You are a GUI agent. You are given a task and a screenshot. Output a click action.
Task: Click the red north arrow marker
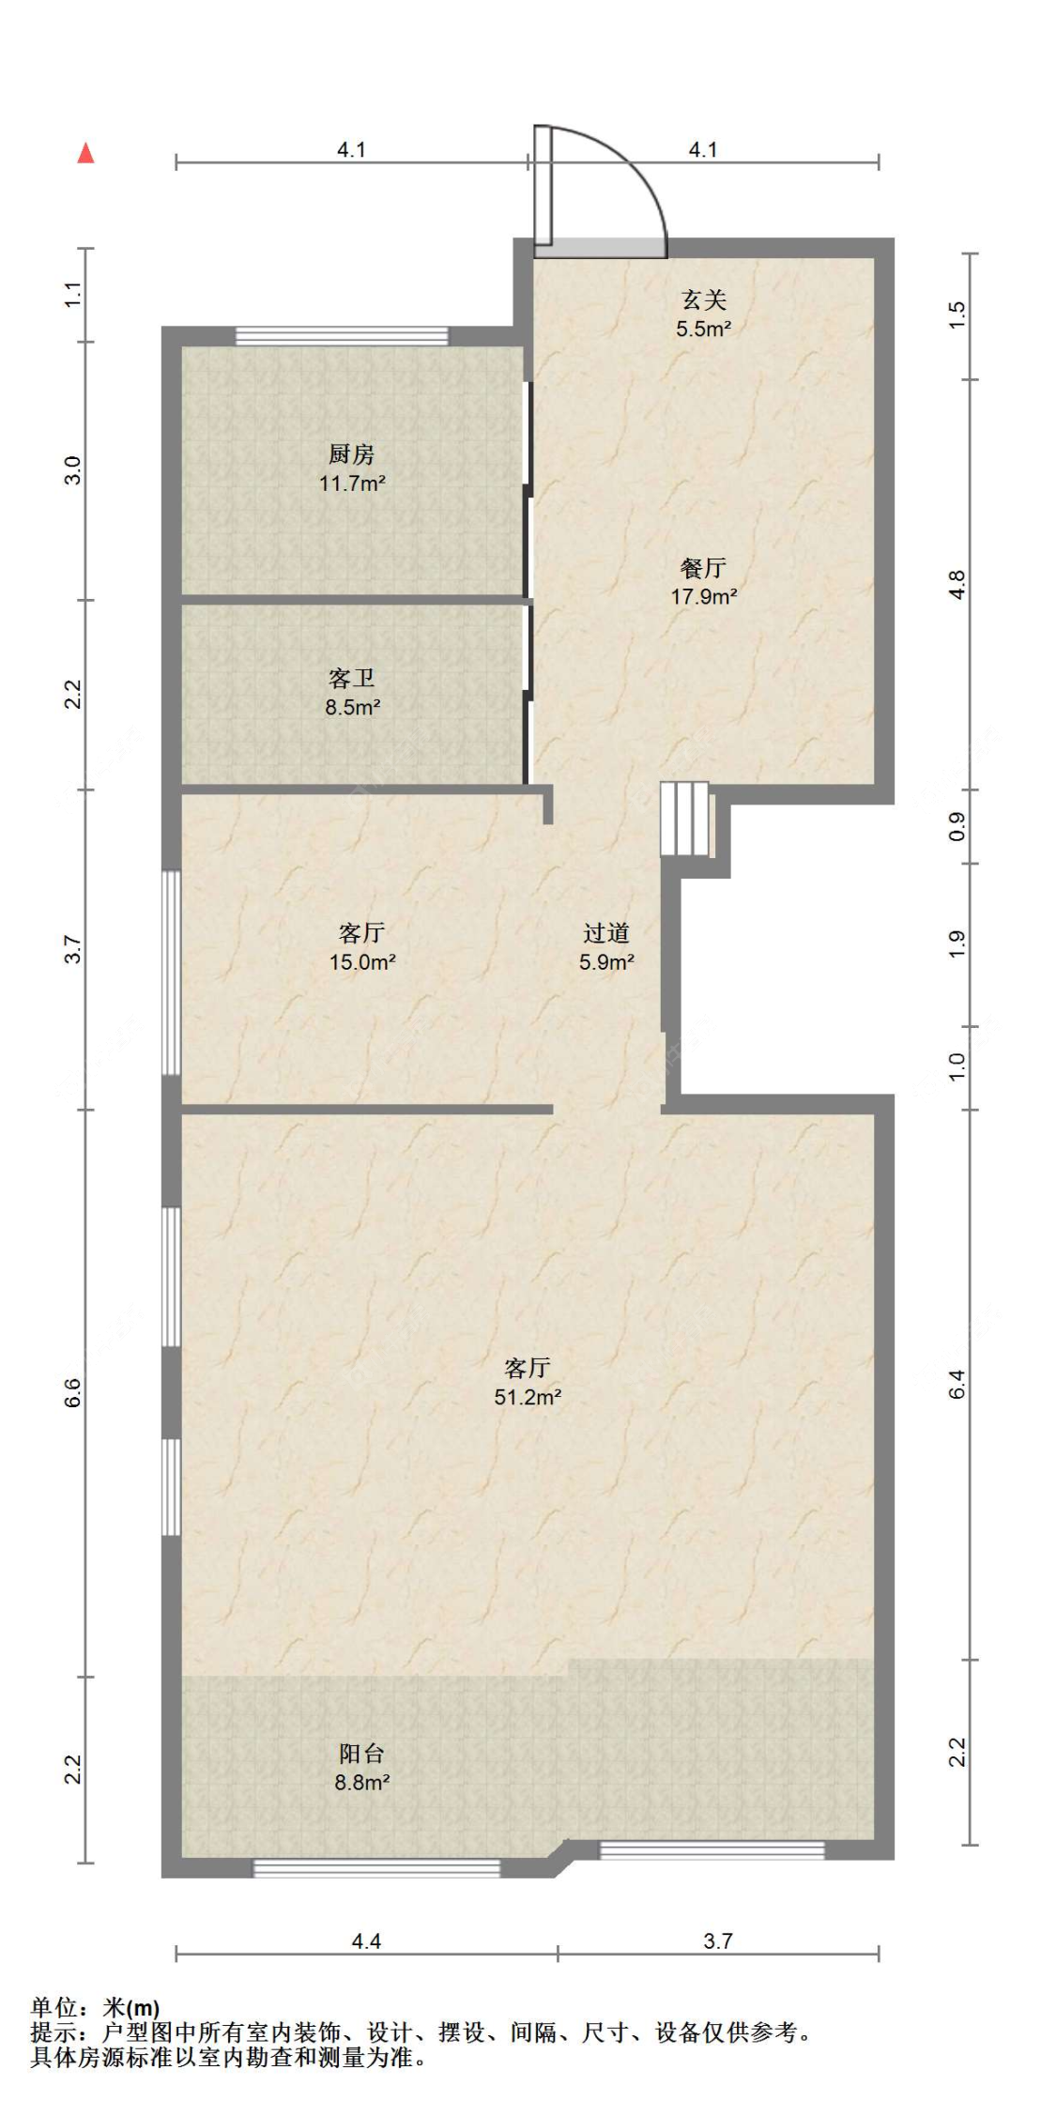pyautogui.click(x=85, y=153)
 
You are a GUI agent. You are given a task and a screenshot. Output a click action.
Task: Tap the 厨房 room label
pyautogui.click(x=352, y=455)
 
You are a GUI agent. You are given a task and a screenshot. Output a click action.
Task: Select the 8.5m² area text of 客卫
pyautogui.click(x=353, y=708)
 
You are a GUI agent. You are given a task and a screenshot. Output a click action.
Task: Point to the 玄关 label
pyautogui.click(x=703, y=300)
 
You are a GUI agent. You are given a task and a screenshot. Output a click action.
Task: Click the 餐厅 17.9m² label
pyautogui.click(x=703, y=582)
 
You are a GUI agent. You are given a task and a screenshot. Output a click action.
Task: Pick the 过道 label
pyautogui.click(x=605, y=933)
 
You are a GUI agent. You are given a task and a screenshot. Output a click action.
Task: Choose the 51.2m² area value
pyautogui.click(x=528, y=1397)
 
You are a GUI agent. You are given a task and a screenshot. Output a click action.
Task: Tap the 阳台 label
pyautogui.click(x=361, y=1753)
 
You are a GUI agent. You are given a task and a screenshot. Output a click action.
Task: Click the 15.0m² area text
pyautogui.click(x=362, y=962)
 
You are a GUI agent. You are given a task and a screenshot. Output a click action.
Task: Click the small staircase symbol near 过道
pyautogui.click(x=685, y=819)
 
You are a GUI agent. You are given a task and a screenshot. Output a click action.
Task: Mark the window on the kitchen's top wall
pyautogui.click(x=342, y=336)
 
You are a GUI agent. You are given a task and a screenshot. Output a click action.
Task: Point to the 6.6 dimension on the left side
pyautogui.click(x=74, y=1392)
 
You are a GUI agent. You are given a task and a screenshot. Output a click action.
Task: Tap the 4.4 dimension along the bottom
pyautogui.click(x=366, y=1940)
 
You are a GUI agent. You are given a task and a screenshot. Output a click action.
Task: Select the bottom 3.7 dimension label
pyautogui.click(x=718, y=1940)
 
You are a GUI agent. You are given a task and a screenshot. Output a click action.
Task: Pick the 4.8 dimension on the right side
pyautogui.click(x=957, y=585)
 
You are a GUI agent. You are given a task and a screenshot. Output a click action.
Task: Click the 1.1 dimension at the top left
pyautogui.click(x=74, y=294)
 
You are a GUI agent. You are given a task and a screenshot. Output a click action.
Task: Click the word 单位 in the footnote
pyautogui.click(x=54, y=2008)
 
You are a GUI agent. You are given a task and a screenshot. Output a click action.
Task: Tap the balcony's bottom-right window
pyautogui.click(x=712, y=1850)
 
